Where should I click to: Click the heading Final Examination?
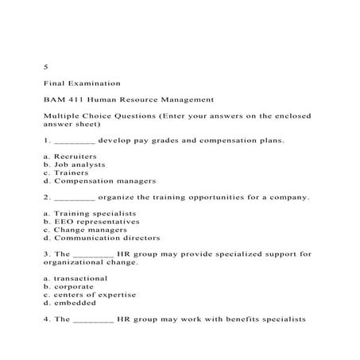coord(83,83)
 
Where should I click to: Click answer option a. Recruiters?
coord(71,156)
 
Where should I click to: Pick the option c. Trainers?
coord(65,172)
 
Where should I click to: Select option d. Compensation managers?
coord(99,180)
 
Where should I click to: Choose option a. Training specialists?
coord(91,213)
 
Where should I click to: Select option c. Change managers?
coord(85,229)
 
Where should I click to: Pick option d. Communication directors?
coord(102,238)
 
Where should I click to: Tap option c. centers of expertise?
coord(90,295)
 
